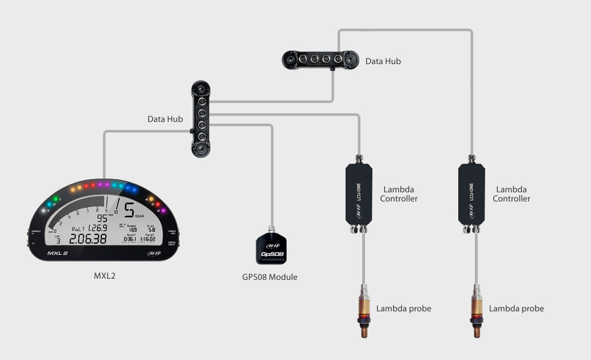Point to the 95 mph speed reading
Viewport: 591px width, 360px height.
point(102,218)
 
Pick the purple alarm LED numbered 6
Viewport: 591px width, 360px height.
point(163,211)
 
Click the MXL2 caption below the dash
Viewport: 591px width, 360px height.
point(105,276)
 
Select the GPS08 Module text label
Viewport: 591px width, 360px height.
point(269,277)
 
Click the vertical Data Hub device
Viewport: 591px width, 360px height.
point(201,119)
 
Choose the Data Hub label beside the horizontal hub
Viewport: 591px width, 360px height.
point(383,61)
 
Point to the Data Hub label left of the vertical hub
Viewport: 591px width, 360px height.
point(165,119)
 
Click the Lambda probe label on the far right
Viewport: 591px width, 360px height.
point(516,308)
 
